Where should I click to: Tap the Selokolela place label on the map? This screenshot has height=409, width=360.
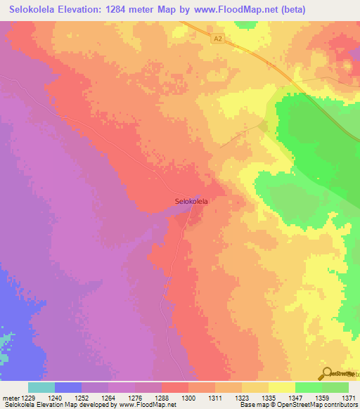point(191,201)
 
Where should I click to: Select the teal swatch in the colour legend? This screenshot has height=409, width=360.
point(41,387)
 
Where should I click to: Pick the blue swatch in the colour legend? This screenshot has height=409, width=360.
point(67,387)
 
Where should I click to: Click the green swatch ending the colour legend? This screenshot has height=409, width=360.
point(335,387)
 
